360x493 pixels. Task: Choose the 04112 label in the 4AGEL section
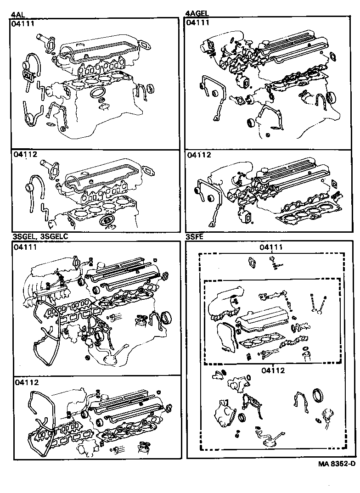click(x=199, y=155)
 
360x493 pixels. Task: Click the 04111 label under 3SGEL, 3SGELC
click(x=26, y=247)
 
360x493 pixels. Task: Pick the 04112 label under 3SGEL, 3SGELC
click(x=26, y=382)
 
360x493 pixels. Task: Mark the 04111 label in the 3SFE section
click(x=271, y=247)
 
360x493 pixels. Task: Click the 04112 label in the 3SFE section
click(x=271, y=370)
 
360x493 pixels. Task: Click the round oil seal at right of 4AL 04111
click(x=150, y=89)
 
